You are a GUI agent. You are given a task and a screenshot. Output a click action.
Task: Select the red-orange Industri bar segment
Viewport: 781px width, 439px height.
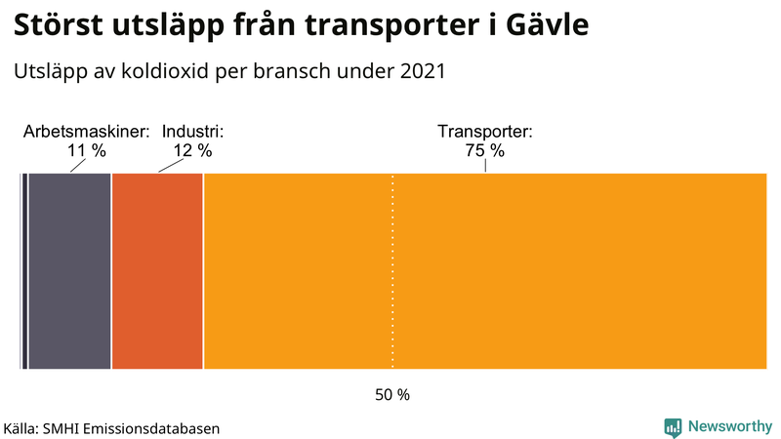click(157, 271)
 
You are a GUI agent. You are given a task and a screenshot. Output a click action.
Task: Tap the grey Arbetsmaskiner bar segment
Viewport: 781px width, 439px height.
click(69, 271)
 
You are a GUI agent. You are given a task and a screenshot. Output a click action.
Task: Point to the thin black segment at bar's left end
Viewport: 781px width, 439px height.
click(22, 271)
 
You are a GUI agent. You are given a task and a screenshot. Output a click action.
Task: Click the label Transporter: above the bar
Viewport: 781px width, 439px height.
click(484, 132)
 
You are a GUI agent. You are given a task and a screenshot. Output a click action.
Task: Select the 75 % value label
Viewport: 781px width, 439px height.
click(484, 150)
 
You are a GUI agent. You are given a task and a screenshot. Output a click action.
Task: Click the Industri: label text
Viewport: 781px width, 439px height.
click(193, 132)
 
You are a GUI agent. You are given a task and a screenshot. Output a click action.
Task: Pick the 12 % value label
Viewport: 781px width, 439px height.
click(193, 150)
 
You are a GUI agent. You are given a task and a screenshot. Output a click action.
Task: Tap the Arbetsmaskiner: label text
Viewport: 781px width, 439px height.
click(87, 132)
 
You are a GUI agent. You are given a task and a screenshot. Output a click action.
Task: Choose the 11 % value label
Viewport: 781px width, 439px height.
click(87, 150)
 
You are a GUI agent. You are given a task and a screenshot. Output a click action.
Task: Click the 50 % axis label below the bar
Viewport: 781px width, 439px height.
click(392, 395)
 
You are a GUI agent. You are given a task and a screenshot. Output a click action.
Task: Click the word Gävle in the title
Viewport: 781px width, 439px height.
click(542, 25)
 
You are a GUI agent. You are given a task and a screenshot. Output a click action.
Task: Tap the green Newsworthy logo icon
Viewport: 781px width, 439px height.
click(673, 426)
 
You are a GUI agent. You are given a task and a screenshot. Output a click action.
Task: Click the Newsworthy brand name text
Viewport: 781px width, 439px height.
click(729, 426)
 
